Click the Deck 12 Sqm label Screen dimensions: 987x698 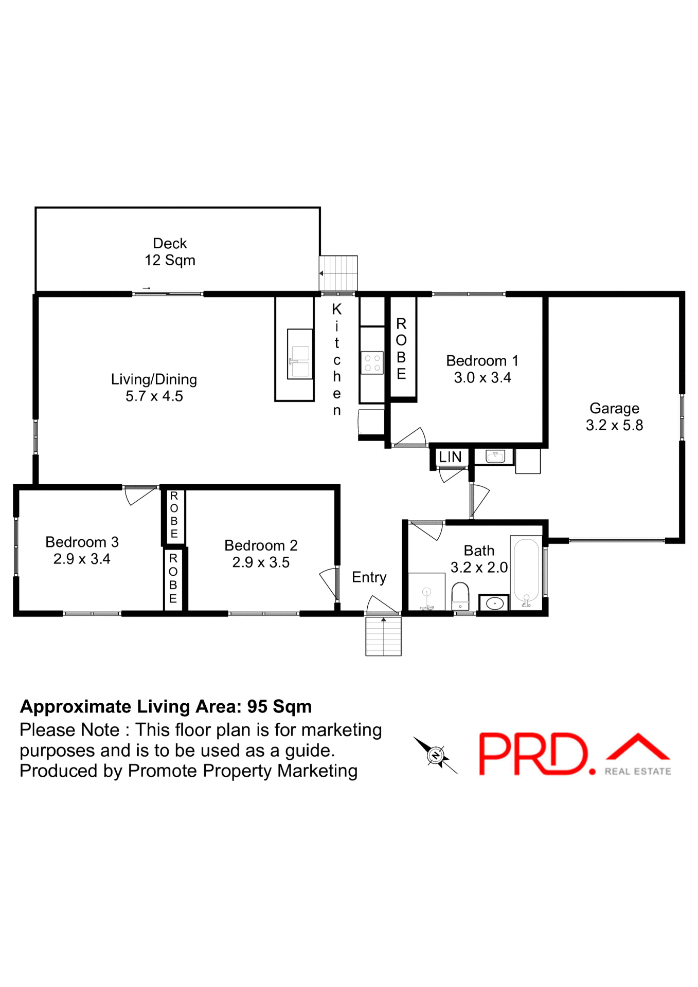click(170, 252)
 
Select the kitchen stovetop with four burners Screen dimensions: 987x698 click(372, 362)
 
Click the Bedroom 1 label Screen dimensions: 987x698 click(482, 361)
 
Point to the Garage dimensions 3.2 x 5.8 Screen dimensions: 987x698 click(614, 426)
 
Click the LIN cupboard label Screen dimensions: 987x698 click(450, 457)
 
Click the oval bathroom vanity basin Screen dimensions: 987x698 click(494, 603)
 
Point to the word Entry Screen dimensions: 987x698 click(369, 577)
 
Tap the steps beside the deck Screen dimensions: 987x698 click(338, 273)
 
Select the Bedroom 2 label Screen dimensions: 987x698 click(261, 545)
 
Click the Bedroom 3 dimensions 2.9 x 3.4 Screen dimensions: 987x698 click(82, 559)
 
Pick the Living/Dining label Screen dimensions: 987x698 click(154, 379)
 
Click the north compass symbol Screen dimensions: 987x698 click(436, 755)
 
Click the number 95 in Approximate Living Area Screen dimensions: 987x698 click(257, 707)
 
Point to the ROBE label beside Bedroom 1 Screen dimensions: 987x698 click(401, 349)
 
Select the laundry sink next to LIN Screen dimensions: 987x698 click(495, 456)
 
